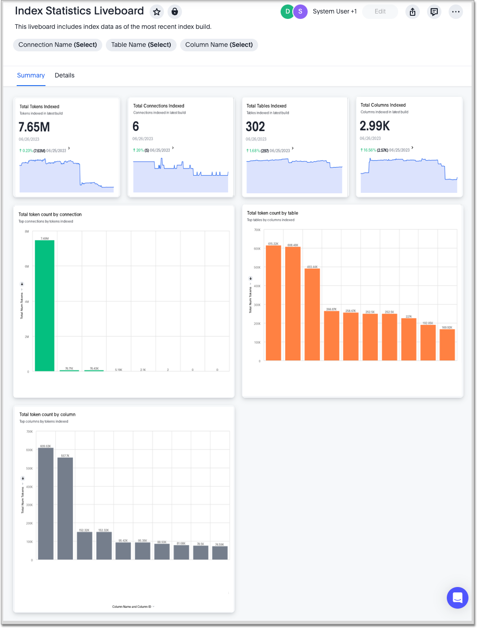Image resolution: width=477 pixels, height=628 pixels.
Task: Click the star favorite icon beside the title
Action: pos(157,12)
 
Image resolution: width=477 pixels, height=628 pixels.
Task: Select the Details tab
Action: pos(64,75)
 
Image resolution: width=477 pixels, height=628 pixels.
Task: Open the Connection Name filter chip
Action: pos(58,45)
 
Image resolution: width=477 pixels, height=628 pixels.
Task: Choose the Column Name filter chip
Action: pos(219,45)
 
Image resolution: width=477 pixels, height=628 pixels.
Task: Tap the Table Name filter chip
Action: pos(141,45)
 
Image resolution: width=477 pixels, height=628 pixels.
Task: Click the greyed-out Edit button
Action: pos(380,12)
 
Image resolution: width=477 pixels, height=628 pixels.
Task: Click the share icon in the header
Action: pos(413,12)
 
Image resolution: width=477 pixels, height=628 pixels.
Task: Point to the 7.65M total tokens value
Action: pos(34,127)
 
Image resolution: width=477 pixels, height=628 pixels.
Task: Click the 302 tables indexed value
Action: pos(255,127)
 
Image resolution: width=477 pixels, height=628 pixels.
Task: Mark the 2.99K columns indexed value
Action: pos(375,126)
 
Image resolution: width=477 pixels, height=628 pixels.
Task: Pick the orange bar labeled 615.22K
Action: pos(273,303)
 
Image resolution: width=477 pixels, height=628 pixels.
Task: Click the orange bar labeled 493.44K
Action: pos(312,314)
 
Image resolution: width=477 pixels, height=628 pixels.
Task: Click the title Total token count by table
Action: pos(273,213)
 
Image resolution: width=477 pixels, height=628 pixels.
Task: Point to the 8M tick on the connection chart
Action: pos(27,232)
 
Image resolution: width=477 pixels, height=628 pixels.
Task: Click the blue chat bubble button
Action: pos(458,598)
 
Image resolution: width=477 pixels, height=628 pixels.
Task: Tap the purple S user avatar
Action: pos(300,12)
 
